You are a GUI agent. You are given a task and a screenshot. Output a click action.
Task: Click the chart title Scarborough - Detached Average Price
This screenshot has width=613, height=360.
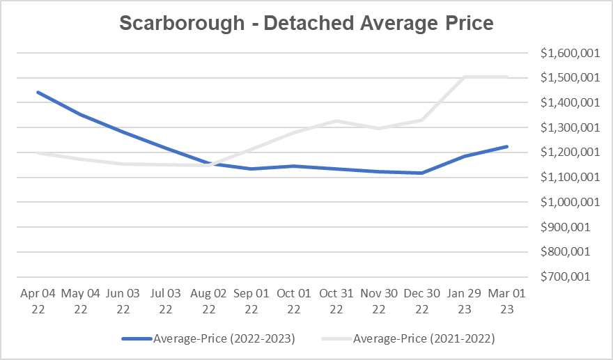[306, 23]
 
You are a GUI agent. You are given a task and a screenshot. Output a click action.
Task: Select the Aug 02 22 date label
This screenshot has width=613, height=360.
[208, 301]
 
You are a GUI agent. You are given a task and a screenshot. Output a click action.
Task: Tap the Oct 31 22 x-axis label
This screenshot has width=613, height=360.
[336, 301]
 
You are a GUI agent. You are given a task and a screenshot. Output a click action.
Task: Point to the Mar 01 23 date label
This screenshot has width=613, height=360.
[507, 301]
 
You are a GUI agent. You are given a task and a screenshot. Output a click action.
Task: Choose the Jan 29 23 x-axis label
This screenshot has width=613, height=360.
[464, 301]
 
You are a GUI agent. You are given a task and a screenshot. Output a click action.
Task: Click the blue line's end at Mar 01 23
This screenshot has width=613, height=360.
[507, 147]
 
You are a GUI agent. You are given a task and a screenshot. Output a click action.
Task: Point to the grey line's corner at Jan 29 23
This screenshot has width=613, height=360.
[464, 77]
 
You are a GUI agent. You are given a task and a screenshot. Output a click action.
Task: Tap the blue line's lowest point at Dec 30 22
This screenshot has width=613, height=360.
[421, 173]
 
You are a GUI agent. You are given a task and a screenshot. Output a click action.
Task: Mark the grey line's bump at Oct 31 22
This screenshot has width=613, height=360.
[336, 121]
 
